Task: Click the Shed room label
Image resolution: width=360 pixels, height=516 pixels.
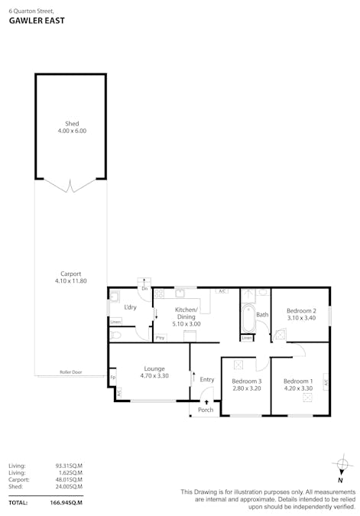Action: (x=71, y=124)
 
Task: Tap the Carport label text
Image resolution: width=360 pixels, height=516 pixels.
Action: (x=71, y=274)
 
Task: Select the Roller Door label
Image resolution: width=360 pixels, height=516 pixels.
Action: (x=71, y=372)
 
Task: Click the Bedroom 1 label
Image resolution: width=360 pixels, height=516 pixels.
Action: (x=297, y=381)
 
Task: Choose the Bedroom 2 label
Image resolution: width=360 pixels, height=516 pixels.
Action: (x=301, y=310)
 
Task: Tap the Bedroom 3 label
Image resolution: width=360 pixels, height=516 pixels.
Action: (x=246, y=381)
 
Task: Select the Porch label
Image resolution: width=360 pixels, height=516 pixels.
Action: (x=206, y=410)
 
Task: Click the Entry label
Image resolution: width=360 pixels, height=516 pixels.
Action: (x=207, y=379)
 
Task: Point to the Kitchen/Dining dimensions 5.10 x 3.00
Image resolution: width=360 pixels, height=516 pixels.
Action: (x=186, y=324)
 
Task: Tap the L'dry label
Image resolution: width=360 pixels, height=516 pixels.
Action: (x=130, y=307)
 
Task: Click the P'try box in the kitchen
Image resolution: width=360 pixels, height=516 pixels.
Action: (x=160, y=337)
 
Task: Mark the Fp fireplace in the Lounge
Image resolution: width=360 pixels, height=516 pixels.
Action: (x=112, y=377)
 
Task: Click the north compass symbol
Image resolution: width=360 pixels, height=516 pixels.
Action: (x=340, y=464)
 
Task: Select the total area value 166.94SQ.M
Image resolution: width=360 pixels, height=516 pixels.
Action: (x=66, y=502)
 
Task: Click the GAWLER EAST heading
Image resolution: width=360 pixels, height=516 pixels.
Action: (x=37, y=21)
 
